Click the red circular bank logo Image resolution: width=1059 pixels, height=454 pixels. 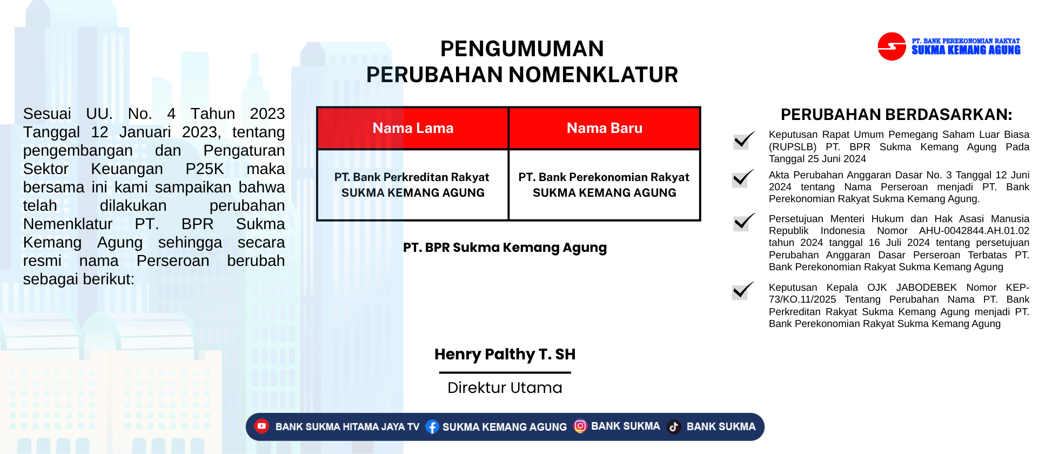coord(892,46)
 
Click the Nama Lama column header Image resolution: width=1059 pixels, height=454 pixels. coord(413,128)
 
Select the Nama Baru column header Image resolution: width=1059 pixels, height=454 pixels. coord(605,128)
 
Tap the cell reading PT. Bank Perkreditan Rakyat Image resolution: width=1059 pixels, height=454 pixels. coord(413,185)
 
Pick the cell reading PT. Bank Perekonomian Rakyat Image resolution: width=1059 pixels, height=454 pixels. coord(605,185)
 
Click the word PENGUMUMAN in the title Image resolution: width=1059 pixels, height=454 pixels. coord(522,49)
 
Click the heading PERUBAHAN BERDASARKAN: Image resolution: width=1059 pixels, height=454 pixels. coord(896,115)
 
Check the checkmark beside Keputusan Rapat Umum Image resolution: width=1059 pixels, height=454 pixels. coord(743,140)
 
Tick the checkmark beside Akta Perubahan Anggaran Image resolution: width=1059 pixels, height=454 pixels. coord(743,178)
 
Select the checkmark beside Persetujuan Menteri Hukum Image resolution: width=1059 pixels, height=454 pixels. coord(744,222)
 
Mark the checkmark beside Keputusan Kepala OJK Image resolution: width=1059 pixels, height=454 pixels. coord(743,290)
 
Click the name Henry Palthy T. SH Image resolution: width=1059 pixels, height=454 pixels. coord(505,354)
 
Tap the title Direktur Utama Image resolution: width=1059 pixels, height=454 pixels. coord(505,388)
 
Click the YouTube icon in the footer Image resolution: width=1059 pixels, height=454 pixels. coord(262,426)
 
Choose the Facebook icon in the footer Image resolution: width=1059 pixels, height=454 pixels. coord(432,427)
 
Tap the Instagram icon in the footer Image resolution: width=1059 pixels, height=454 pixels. coord(580,426)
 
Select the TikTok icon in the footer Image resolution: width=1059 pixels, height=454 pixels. coord(674,427)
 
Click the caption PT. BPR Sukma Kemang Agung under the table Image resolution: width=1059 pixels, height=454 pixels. coord(505,248)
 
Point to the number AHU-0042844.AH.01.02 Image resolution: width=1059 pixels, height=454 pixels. coord(974,231)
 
